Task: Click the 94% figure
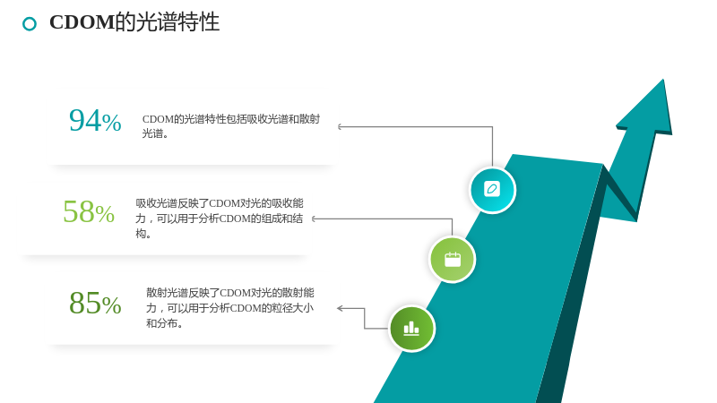(95, 121)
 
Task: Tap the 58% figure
(89, 211)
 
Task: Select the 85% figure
(95, 303)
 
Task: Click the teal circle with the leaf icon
(492, 190)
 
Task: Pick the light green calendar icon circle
(453, 260)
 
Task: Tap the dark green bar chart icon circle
(411, 328)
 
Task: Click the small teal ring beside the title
(30, 24)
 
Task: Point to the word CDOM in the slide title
(82, 21)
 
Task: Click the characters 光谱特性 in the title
(177, 21)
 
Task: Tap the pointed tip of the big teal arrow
(663, 80)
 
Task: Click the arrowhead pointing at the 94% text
(340, 126)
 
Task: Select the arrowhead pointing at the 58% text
(314, 219)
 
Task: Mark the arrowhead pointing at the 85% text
(340, 308)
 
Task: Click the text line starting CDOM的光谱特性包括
(231, 119)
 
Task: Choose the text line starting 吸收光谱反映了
(220, 203)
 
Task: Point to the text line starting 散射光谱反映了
(230, 293)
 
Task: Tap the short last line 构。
(143, 234)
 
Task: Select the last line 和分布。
(165, 323)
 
